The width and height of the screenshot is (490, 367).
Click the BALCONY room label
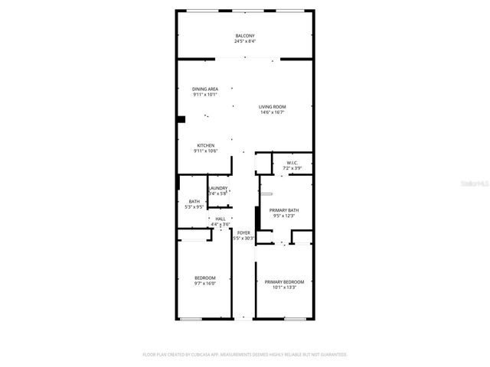coord(244,36)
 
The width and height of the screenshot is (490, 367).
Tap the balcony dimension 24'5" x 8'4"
coord(244,42)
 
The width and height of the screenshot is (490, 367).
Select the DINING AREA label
coord(205,89)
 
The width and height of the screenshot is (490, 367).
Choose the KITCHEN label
coord(205,145)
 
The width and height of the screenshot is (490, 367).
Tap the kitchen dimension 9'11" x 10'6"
coord(205,151)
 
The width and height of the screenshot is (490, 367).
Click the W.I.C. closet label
coord(292,162)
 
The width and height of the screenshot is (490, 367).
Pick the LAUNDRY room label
coord(217,188)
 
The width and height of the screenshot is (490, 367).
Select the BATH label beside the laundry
coord(194,201)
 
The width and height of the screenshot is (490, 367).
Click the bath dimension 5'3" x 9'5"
coord(194,207)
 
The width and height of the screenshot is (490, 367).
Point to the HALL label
coord(220,219)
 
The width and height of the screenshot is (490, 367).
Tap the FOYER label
coord(243,232)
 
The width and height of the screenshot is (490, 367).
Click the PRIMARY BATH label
coord(283,210)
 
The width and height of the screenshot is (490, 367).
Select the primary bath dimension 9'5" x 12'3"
coord(283,216)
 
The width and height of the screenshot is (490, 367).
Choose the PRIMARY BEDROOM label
coord(284,281)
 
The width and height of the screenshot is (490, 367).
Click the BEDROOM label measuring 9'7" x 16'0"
coord(204,277)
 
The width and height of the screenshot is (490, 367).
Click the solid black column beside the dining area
coord(181,119)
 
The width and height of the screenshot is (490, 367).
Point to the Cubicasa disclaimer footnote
coord(245,355)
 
